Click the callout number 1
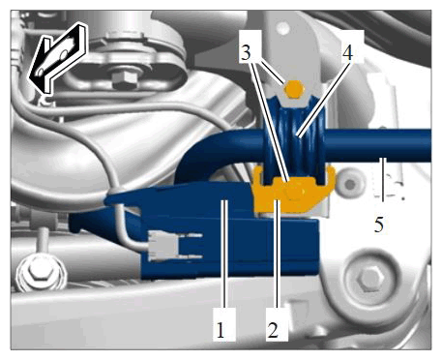[221, 330]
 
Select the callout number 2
[273, 330]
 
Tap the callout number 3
[246, 53]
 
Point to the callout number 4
[347, 53]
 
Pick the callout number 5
[379, 225]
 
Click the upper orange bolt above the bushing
[293, 89]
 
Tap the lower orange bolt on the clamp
[293, 192]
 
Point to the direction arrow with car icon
[58, 58]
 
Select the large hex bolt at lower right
[371, 279]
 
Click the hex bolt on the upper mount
[123, 80]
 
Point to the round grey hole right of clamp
[349, 185]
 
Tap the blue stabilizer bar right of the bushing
[378, 145]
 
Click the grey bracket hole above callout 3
[283, 28]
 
